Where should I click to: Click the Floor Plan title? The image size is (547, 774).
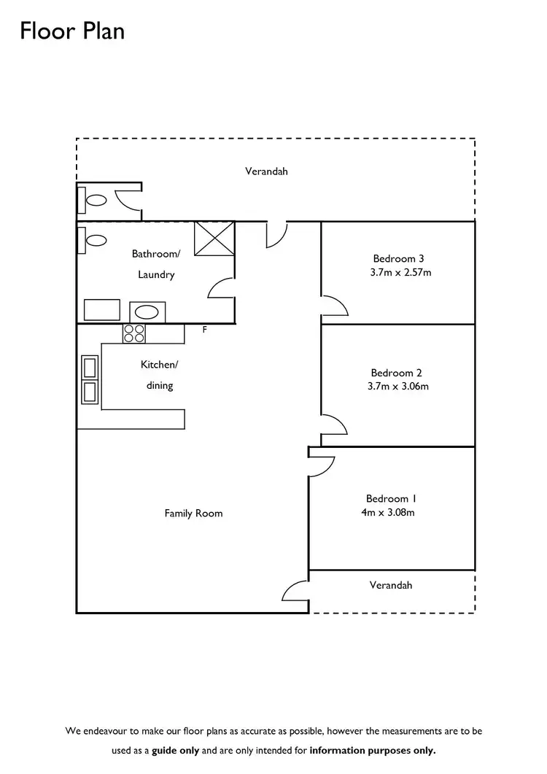point(72,31)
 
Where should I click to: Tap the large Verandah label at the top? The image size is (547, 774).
point(266,171)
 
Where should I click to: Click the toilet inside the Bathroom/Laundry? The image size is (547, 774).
point(95,239)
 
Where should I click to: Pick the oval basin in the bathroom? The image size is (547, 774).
point(147,312)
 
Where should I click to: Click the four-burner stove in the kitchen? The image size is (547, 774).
point(133,333)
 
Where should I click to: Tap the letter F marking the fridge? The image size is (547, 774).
point(205,330)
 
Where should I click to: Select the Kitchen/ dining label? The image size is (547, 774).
point(159,375)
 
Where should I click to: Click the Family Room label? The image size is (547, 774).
point(193,514)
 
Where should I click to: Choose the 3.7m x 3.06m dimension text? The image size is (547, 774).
point(398,386)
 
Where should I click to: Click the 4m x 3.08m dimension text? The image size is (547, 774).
point(388,512)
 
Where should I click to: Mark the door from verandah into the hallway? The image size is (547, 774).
point(276,233)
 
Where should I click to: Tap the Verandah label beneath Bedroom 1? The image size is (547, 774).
point(391,585)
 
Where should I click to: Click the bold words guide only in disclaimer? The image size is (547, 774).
point(176,750)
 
